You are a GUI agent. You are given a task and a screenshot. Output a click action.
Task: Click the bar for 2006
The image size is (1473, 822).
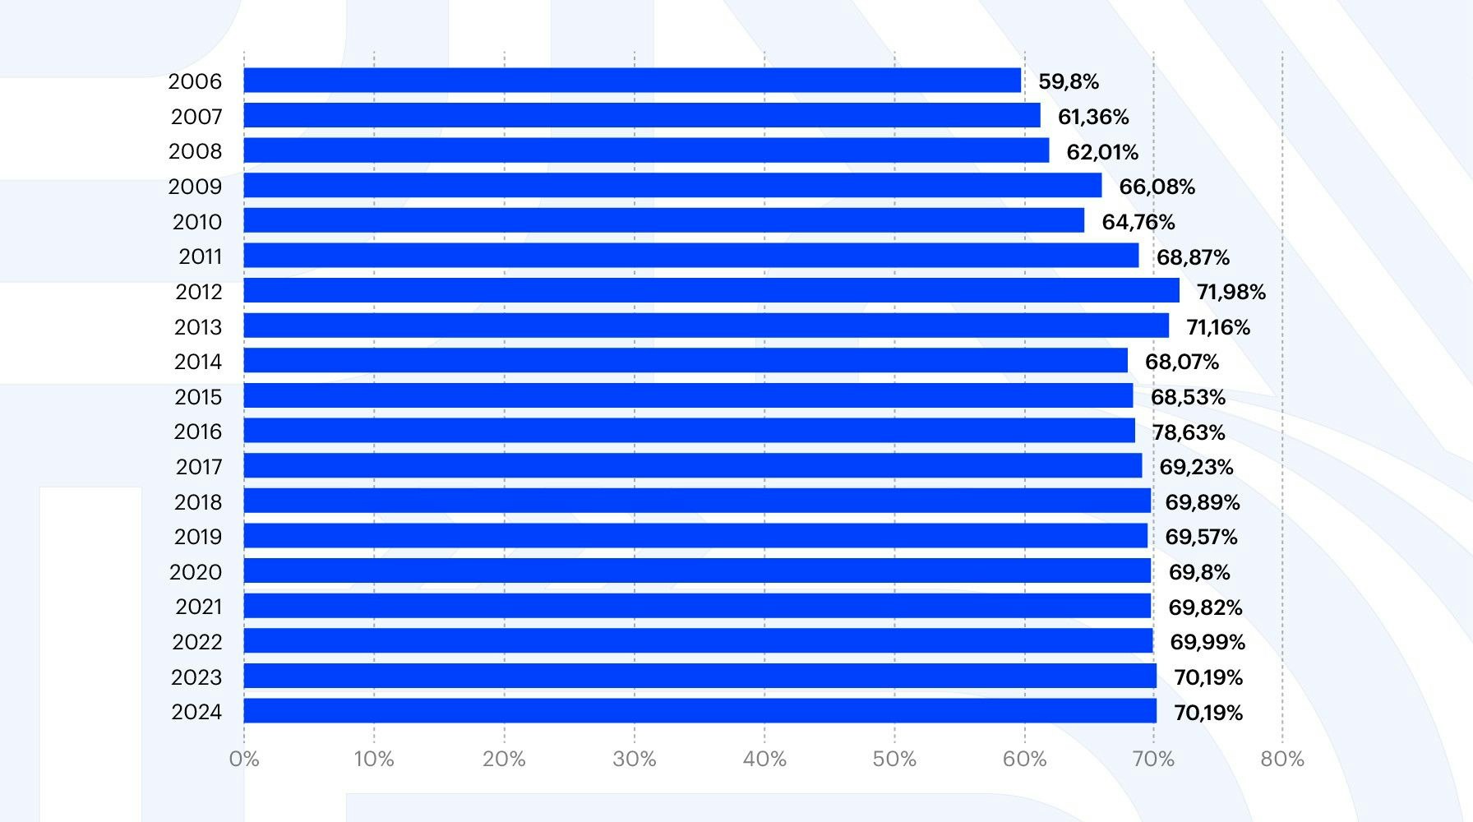click(632, 81)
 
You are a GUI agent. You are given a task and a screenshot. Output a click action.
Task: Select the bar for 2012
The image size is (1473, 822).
click(711, 291)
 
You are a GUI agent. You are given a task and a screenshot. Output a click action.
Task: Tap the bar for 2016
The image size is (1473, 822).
click(689, 431)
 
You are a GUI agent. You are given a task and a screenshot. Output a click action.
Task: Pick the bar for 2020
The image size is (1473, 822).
click(697, 571)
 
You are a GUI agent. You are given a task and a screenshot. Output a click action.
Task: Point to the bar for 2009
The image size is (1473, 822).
click(672, 186)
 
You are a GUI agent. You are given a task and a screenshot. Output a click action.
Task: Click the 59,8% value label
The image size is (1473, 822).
click(1069, 81)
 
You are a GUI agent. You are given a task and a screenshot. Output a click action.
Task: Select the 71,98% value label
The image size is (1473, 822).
click(1231, 292)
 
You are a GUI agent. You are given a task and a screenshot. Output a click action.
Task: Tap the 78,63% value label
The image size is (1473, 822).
click(1189, 432)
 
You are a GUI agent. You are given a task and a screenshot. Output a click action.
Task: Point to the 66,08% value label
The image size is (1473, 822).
click(1157, 187)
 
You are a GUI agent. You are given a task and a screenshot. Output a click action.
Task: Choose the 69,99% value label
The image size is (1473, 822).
click(1207, 642)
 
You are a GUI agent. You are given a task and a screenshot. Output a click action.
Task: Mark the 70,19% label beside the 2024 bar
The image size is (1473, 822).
click(1207, 713)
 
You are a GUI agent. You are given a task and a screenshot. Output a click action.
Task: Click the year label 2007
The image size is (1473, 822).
click(196, 117)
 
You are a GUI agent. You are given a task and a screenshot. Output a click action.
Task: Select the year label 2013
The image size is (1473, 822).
click(198, 327)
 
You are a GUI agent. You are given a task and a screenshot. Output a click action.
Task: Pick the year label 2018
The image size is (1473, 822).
click(198, 502)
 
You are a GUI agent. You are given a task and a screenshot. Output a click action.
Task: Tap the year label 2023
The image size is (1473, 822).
click(196, 677)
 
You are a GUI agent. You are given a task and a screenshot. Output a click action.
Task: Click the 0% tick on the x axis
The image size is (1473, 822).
click(244, 759)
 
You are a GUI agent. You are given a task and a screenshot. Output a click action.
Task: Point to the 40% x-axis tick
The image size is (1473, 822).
click(764, 759)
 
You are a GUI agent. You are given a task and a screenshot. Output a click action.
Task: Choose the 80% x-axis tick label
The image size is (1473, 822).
click(1282, 759)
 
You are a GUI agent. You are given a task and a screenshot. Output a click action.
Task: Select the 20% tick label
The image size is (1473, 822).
click(504, 759)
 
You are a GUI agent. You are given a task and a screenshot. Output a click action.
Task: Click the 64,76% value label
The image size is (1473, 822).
click(1138, 222)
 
